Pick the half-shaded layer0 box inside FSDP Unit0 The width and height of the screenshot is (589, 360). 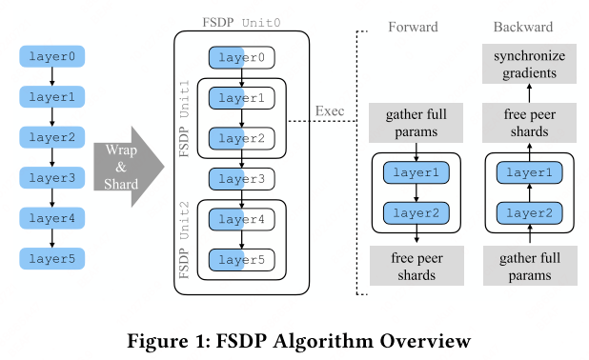[242, 58]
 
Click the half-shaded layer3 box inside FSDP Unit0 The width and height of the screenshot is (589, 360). [242, 178]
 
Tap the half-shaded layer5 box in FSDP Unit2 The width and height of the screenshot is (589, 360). [242, 258]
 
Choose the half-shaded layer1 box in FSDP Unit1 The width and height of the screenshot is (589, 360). [242, 98]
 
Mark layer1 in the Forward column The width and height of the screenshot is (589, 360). [416, 173]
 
